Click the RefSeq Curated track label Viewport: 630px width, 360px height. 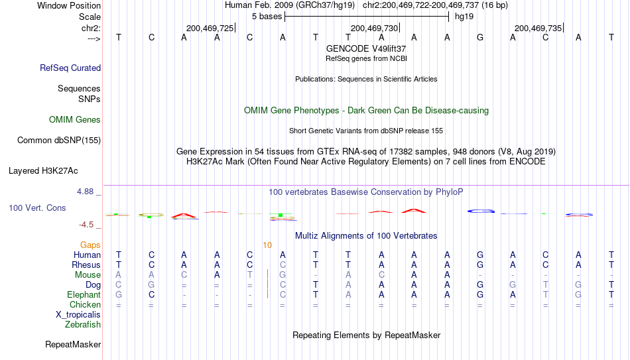click(70, 68)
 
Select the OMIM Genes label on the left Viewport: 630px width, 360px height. click(75, 120)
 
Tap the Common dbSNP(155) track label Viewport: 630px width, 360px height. click(58, 141)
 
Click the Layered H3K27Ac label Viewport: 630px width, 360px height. click(43, 171)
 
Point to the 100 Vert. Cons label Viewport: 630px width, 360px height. click(37, 208)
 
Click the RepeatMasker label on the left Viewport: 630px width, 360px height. click(73, 344)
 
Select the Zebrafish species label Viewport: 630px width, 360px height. click(83, 324)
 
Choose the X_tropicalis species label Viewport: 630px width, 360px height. click(78, 315)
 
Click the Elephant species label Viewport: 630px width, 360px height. click(84, 294)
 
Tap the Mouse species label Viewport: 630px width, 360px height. click(88, 275)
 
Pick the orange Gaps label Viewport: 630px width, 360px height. click(90, 245)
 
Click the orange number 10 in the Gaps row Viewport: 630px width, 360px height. click(267, 245)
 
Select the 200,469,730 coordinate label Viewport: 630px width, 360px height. click(374, 28)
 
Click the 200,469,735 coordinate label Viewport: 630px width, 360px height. click(538, 28)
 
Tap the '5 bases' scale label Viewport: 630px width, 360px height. click(267, 17)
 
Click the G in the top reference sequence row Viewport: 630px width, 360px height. click(479, 37)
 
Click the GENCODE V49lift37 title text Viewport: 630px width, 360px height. click(366, 48)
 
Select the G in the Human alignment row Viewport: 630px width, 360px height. click(479, 255)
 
